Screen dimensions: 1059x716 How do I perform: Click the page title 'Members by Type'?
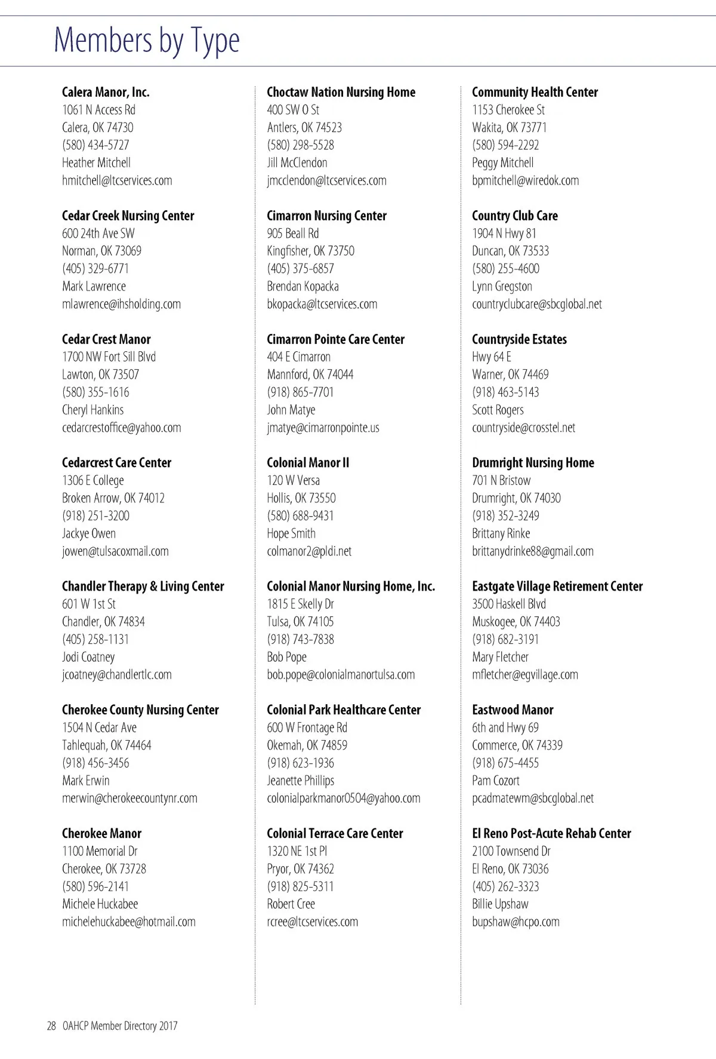point(147,41)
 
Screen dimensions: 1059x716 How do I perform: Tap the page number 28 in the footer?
point(51,1026)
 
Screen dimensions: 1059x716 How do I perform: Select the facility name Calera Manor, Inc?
point(106,92)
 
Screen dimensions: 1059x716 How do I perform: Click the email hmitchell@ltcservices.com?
point(117,180)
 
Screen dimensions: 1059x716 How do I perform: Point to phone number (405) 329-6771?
point(95,269)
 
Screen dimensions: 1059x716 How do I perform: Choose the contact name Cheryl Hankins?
point(93,410)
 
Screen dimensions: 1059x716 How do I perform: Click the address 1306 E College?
point(93,480)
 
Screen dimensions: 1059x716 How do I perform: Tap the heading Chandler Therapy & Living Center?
point(143,587)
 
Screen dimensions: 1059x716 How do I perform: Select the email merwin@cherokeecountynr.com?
point(129,798)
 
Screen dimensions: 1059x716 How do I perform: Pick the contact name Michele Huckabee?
point(100,904)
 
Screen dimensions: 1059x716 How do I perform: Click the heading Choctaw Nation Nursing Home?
point(341,92)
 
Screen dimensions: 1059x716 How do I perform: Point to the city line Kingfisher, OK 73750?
point(310,251)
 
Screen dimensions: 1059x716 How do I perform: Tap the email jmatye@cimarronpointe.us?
point(323,428)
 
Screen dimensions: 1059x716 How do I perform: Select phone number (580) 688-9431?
point(300,515)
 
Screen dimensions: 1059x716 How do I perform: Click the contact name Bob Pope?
point(286,657)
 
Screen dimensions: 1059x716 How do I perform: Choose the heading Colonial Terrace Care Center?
point(335,833)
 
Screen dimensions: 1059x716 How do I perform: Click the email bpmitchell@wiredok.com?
point(525,180)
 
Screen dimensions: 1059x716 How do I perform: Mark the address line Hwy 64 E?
point(492,357)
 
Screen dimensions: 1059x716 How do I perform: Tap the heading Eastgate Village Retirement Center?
point(557,587)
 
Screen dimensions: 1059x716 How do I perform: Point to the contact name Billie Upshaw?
point(500,904)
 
